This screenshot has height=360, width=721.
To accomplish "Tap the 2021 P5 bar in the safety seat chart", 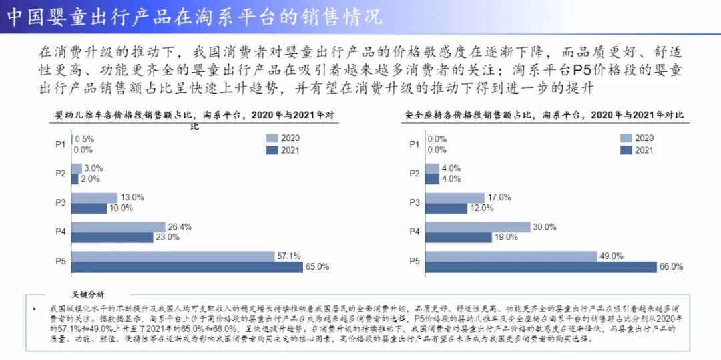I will pyautogui.click(x=541, y=267).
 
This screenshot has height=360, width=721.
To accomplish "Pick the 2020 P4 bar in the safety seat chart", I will pyautogui.click(x=477, y=227).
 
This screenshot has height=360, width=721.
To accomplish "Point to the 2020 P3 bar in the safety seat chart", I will pyautogui.click(x=455, y=198).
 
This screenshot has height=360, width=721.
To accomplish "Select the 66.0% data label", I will pyautogui.click(x=671, y=266).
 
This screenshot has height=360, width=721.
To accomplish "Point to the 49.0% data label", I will pyautogui.click(x=612, y=256).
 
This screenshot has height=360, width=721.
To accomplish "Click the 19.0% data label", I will pyautogui.click(x=507, y=237).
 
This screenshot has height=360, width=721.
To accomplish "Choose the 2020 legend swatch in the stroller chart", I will pyautogui.click(x=272, y=138).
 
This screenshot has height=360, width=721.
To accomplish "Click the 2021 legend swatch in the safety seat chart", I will pyautogui.click(x=626, y=150).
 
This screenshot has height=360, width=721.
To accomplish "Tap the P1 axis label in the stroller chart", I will pyautogui.click(x=60, y=144).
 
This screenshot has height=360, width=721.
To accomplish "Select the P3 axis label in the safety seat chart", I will pyautogui.click(x=414, y=202).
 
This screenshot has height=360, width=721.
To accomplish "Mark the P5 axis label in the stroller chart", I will pyautogui.click(x=60, y=261).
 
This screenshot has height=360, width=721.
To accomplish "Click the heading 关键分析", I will pyautogui.click(x=88, y=294).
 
